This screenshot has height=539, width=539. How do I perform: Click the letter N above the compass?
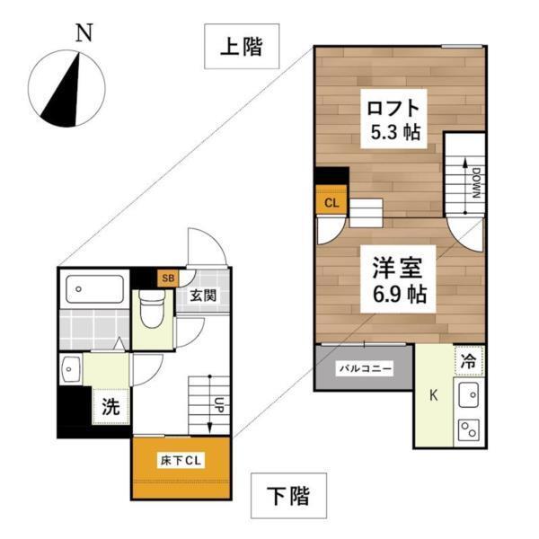pos(84,34)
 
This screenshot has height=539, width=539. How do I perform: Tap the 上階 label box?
pos(240,47)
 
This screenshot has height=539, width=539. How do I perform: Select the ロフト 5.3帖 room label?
pos(393,119)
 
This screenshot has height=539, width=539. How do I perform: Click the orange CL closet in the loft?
pos(331,201)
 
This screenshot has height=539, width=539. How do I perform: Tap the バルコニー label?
pos(365,368)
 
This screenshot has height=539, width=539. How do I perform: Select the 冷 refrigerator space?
pos(468,361)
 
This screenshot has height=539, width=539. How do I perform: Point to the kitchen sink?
pos(468,393)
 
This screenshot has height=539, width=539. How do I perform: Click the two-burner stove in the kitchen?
pos(468,430)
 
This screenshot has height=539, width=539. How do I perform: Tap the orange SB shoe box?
pos(167,278)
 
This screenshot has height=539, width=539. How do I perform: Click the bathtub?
pos(96,289)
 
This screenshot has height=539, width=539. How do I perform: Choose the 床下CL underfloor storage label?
pos(183,461)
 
